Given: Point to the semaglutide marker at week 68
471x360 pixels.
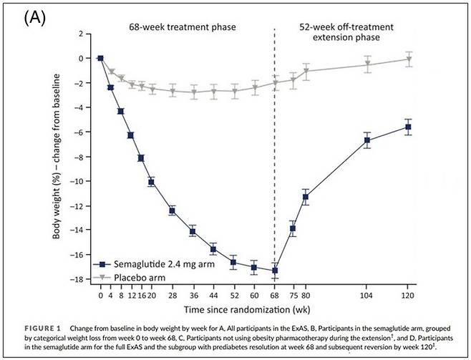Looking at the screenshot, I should pos(275,271).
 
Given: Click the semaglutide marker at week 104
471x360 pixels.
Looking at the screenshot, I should pos(367,140).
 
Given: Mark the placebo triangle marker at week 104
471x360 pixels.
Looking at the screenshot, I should pos(367,64).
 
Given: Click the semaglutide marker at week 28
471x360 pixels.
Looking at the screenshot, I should pos(172,210).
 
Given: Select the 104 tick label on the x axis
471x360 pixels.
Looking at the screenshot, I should pos(367,295).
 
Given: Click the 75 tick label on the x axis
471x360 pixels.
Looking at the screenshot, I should pos(292,295).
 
